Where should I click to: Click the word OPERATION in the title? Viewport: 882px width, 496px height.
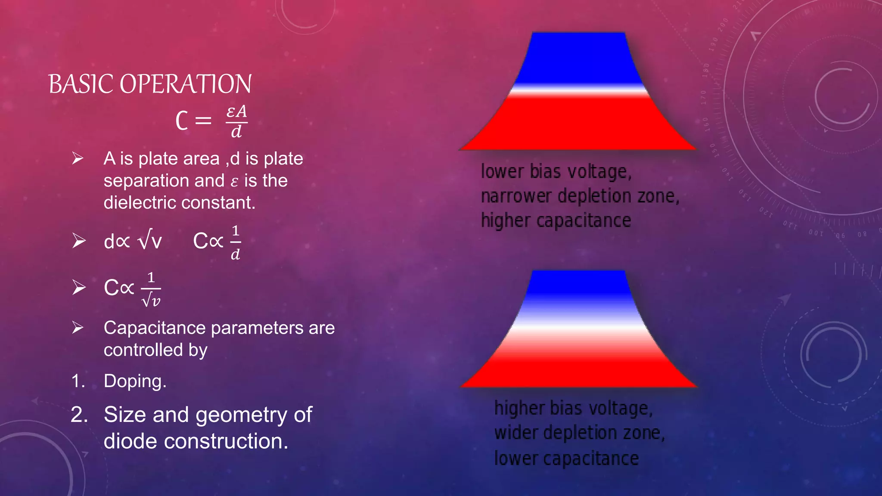tap(185, 84)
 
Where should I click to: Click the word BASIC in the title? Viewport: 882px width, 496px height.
tap(81, 84)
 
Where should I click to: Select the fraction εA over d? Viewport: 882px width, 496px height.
tap(236, 121)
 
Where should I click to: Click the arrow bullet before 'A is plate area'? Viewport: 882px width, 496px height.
tap(78, 158)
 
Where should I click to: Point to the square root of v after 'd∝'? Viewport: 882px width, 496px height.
tap(150, 241)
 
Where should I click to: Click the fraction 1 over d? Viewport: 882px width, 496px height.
tap(235, 243)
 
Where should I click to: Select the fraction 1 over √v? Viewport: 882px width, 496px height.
tap(151, 289)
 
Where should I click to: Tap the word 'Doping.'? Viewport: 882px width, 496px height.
tap(135, 381)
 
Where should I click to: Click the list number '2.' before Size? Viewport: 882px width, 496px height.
tap(79, 415)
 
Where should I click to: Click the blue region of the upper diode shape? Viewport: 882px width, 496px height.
tap(577, 58)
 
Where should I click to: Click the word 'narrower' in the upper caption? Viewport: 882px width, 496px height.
tap(516, 196)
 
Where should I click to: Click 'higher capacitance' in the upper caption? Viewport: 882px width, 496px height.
tap(556, 221)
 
